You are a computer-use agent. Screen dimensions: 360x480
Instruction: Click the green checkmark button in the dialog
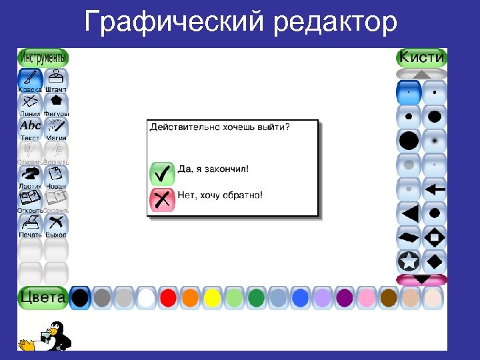coord(161,173)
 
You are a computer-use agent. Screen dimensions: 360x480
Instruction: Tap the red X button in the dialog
coord(161,199)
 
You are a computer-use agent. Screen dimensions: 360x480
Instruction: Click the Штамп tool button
coord(56,80)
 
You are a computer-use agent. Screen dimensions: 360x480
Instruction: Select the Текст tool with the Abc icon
coord(30,128)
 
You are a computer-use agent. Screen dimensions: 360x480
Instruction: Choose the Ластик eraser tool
coord(30,176)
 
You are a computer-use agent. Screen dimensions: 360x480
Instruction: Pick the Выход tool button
coord(56,225)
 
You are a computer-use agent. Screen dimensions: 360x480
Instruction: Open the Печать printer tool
coord(30,225)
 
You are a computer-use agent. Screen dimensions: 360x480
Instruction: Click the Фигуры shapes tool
coord(56,104)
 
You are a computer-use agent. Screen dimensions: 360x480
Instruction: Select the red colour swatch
coord(168,297)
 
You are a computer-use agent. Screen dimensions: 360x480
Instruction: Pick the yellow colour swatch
coord(212,297)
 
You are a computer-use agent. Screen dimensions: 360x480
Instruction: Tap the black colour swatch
coord(80,297)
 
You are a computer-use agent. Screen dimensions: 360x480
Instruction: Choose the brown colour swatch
coord(388,297)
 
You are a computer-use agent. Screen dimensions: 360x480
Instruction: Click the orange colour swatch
coord(190,297)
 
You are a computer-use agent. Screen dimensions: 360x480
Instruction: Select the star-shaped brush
coord(409,260)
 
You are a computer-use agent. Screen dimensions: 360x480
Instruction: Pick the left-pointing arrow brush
coord(435,189)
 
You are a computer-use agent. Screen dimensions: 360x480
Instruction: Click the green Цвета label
coord(43,297)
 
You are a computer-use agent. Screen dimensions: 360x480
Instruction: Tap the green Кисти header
coord(421,57)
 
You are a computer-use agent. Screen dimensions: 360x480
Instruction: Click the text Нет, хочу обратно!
coord(220,196)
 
